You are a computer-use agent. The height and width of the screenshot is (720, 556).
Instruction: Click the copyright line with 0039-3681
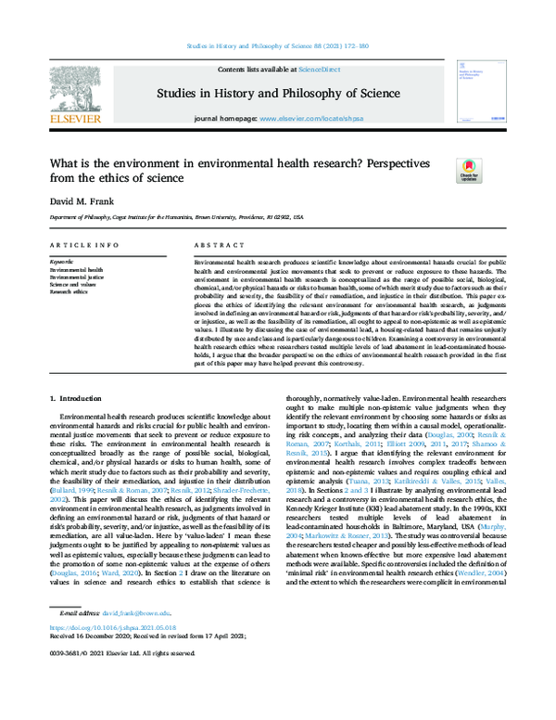click(x=117, y=705)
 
